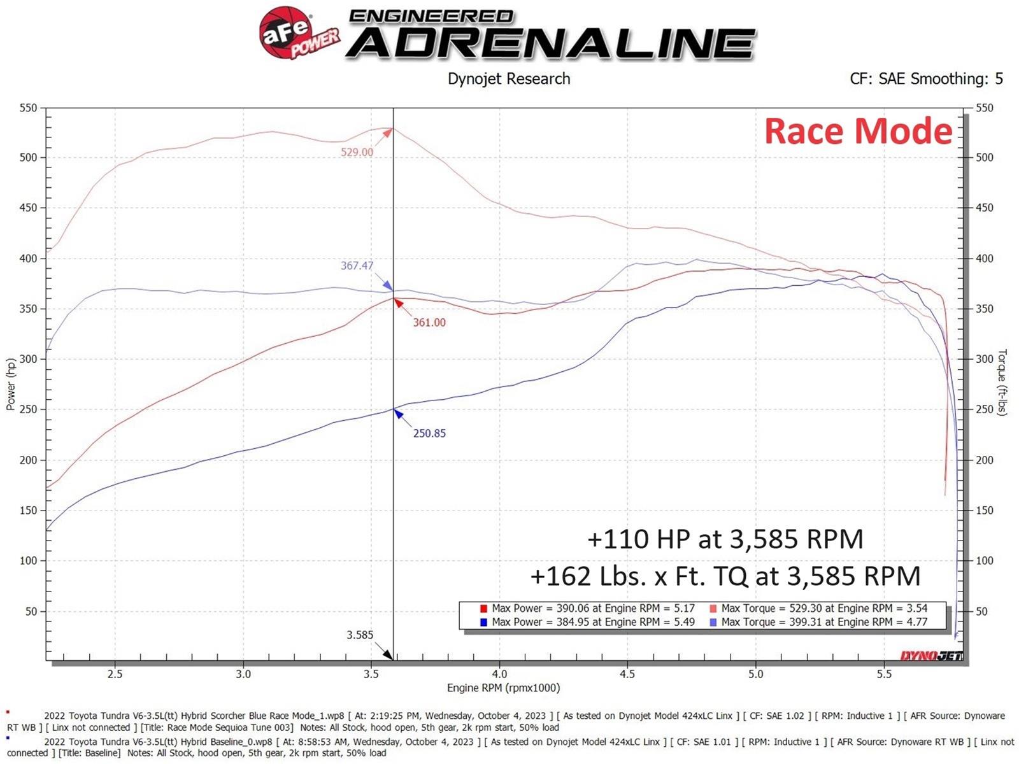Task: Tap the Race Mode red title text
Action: (x=858, y=131)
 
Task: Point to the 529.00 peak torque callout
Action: (x=357, y=152)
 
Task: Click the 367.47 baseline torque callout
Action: (x=357, y=265)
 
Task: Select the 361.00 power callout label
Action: (x=429, y=323)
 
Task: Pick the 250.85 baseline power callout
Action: (x=429, y=434)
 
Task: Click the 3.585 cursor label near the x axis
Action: (x=360, y=635)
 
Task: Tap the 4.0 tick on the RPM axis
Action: (x=499, y=674)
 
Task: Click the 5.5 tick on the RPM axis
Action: (x=884, y=674)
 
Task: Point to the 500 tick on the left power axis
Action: (x=28, y=157)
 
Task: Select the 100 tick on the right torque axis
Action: (x=985, y=561)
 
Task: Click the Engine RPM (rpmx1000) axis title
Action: (x=503, y=688)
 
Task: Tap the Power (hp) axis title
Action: (x=11, y=384)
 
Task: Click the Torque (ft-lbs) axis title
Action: (x=1002, y=382)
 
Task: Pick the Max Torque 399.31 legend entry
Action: (x=818, y=622)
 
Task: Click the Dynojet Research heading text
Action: (x=509, y=79)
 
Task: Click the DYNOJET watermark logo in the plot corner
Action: (x=931, y=656)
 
